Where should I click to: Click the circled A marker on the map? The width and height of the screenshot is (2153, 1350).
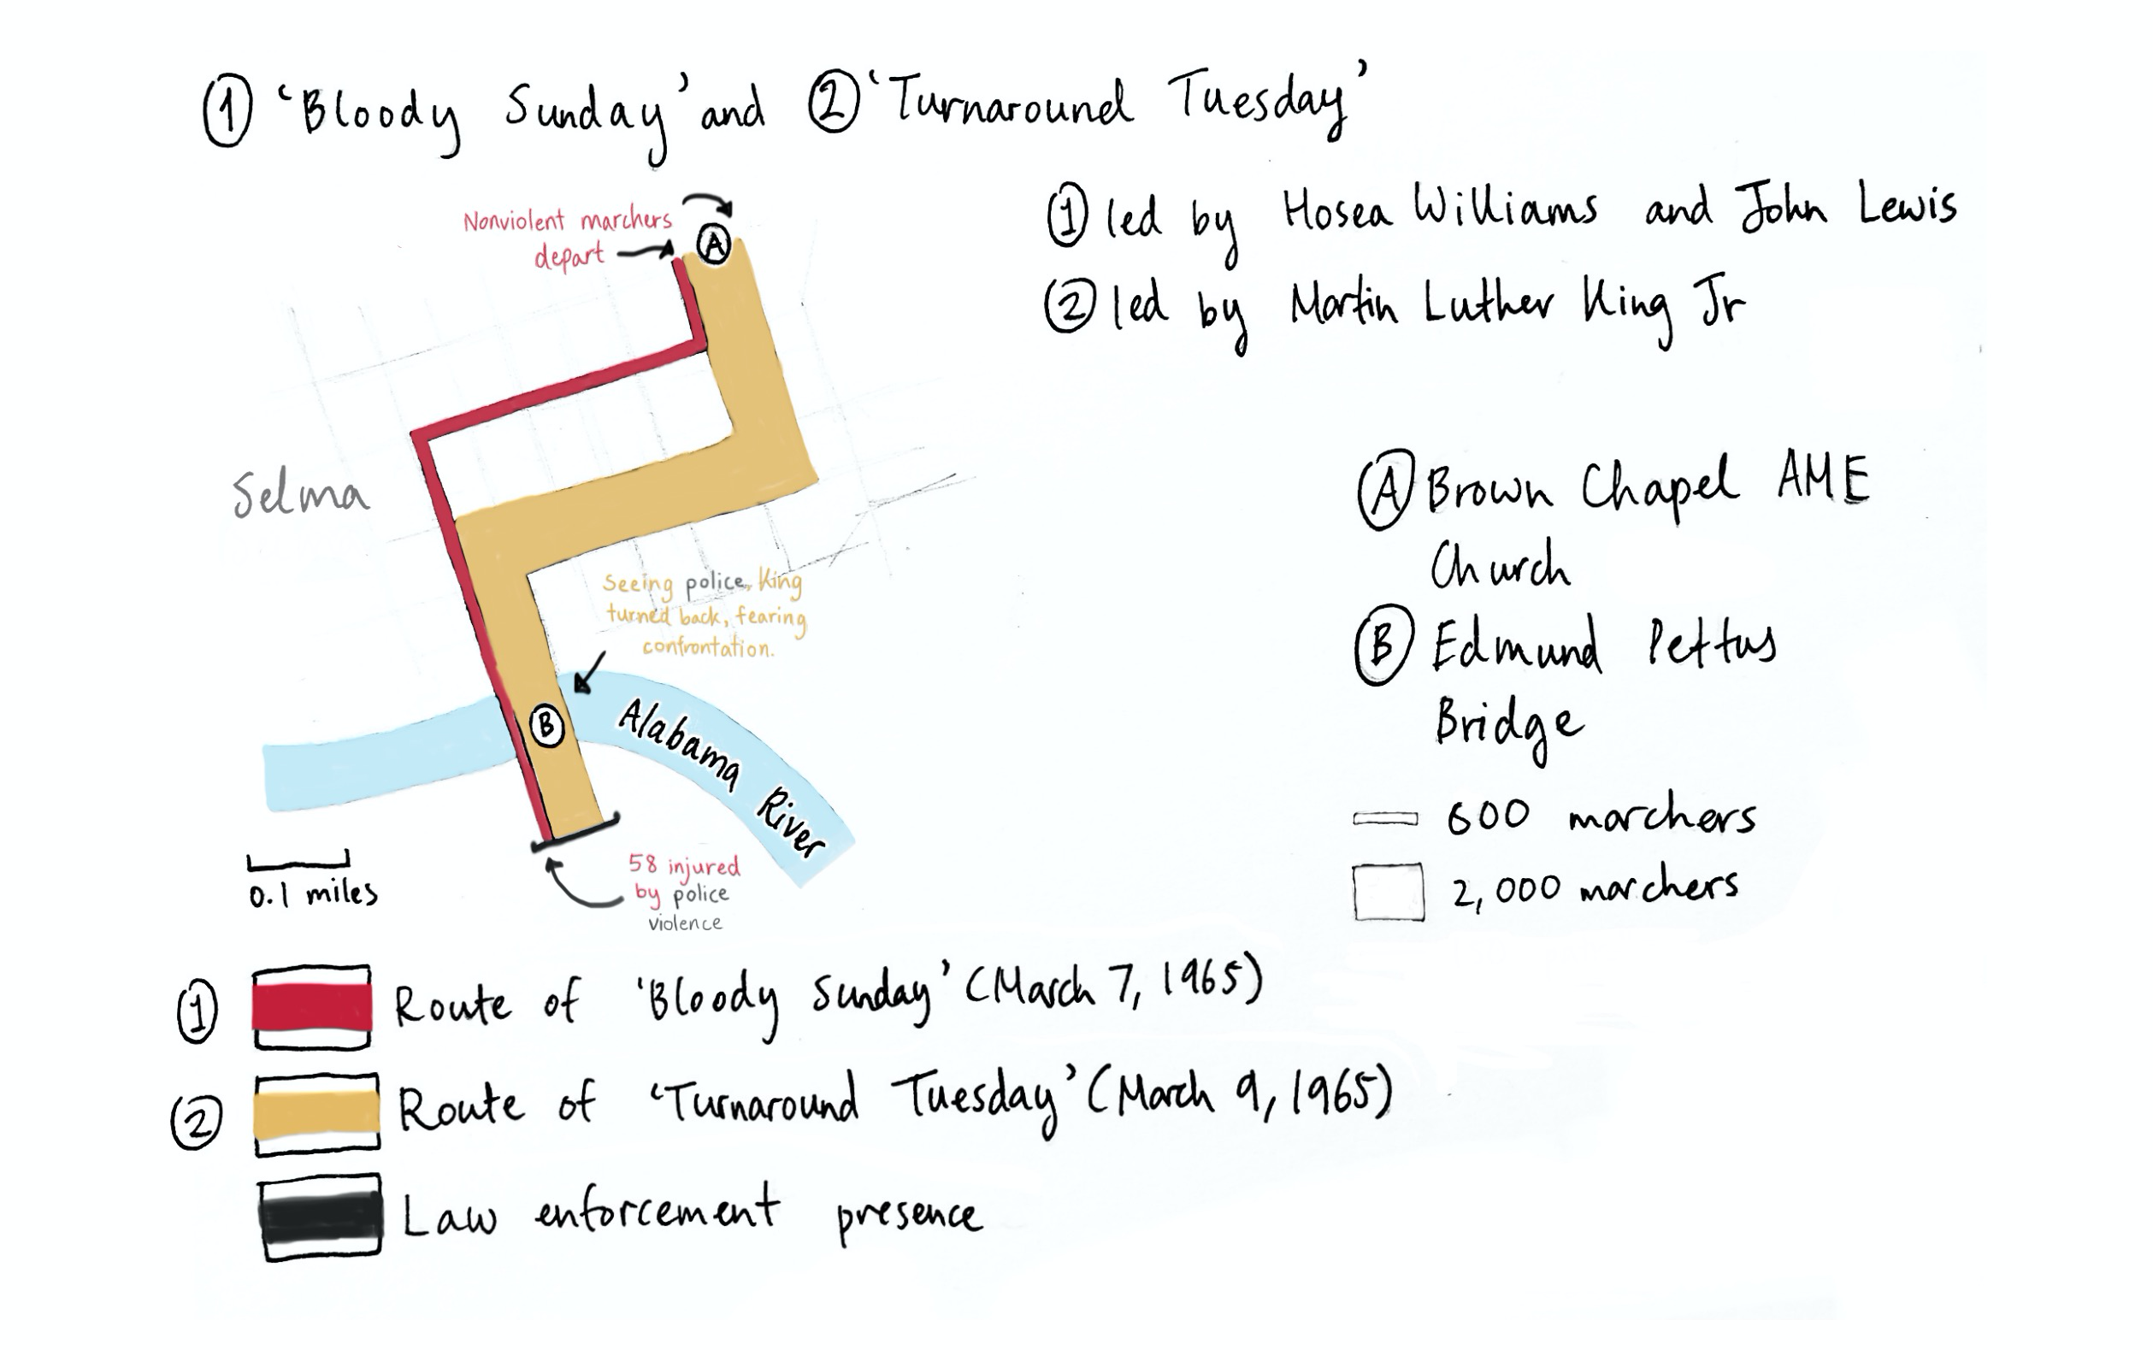tap(713, 245)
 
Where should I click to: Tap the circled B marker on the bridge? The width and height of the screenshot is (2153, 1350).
tap(546, 725)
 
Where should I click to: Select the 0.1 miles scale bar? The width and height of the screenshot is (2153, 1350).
tap(298, 864)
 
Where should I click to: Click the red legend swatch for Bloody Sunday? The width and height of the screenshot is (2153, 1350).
tap(311, 1008)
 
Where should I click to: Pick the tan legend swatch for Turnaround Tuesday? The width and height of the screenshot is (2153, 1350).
tap(316, 1115)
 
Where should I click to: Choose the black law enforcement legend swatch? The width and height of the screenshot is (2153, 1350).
tap(321, 1217)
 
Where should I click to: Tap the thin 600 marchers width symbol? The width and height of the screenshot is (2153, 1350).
tap(1385, 819)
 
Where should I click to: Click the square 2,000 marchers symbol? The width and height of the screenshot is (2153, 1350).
tap(1388, 892)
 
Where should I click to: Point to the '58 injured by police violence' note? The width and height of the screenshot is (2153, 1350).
tap(685, 892)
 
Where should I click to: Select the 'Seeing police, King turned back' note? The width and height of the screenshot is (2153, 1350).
tap(705, 614)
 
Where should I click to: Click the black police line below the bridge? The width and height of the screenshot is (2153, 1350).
tap(575, 830)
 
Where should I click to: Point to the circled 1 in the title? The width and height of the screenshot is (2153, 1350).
tap(227, 110)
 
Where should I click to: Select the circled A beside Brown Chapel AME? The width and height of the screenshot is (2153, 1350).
tap(1386, 489)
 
